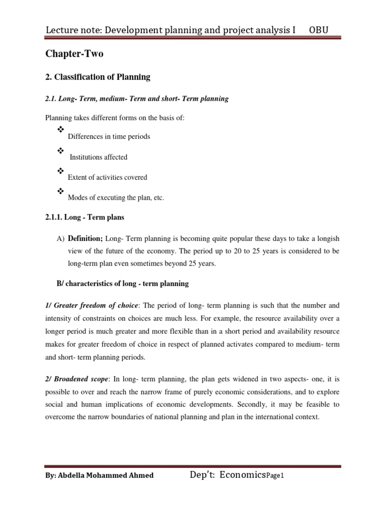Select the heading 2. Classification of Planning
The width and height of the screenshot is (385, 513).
click(x=98, y=77)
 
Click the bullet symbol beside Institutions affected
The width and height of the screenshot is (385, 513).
click(x=61, y=151)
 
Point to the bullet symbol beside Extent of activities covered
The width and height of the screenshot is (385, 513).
click(x=61, y=171)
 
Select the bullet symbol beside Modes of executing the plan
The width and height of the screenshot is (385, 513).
click(x=61, y=191)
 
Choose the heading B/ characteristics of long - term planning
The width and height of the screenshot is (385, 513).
click(x=122, y=284)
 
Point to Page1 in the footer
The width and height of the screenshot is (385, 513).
click(x=275, y=476)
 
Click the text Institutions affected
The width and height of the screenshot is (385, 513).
click(x=98, y=157)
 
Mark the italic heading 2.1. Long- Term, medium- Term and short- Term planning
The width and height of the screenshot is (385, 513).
click(x=137, y=99)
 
